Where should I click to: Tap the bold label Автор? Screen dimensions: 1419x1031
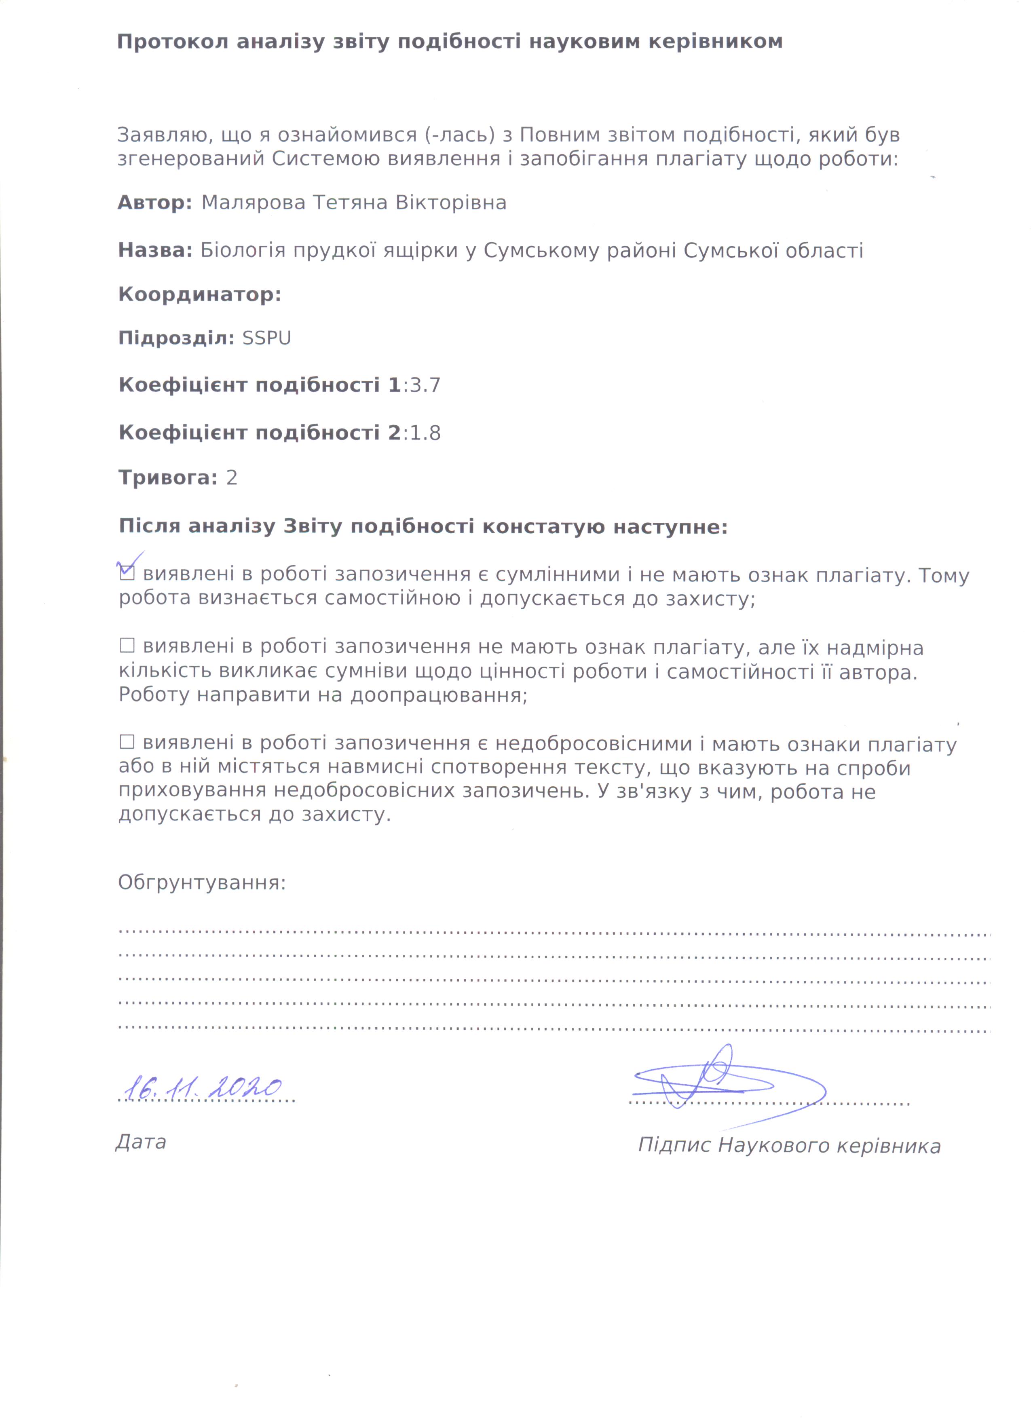(154, 203)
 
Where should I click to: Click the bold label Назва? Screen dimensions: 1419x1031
(155, 250)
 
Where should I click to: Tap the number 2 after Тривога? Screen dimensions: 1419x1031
(232, 478)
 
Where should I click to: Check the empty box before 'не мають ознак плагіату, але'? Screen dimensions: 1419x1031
(127, 645)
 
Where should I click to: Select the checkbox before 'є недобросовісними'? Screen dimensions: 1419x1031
(127, 742)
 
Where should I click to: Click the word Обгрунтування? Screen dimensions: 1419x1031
(201, 883)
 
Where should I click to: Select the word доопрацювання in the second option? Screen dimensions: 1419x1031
(438, 695)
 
